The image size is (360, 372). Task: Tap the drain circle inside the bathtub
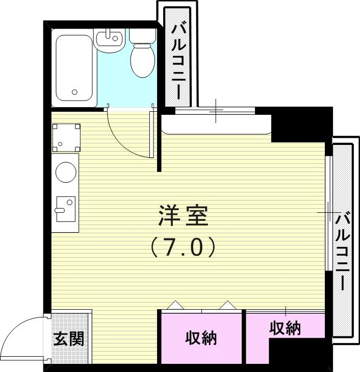(x=75, y=92)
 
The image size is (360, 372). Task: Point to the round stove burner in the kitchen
(x=65, y=172)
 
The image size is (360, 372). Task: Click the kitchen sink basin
(x=65, y=209)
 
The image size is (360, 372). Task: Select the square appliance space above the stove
(x=66, y=137)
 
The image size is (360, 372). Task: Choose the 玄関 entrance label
(x=69, y=338)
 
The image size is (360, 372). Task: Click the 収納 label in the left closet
(x=201, y=338)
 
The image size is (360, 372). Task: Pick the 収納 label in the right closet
(x=285, y=328)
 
